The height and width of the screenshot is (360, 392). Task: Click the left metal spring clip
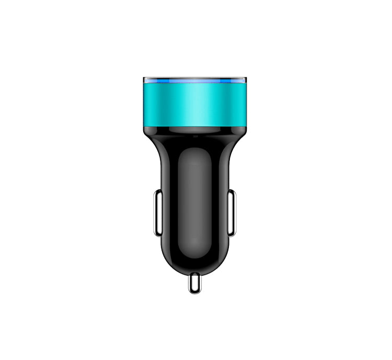157,213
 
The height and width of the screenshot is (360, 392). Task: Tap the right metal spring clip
232,213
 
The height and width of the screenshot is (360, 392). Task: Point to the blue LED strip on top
194,81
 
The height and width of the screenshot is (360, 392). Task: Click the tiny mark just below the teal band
195,136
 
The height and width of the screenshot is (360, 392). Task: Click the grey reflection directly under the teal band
194,131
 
